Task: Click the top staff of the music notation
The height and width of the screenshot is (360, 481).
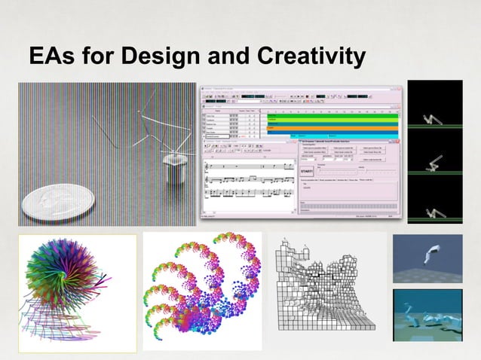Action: [249, 166]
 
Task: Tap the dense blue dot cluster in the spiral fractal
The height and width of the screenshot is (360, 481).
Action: [219, 309]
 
